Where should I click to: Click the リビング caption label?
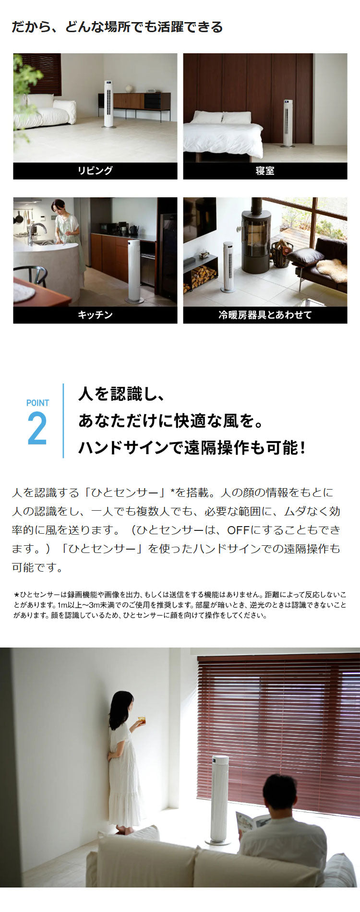click(95, 170)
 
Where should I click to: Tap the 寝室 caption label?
click(265, 170)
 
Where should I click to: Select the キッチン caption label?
click(95, 315)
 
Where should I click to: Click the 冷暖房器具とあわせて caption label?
click(265, 315)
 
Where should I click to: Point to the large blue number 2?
click(37, 428)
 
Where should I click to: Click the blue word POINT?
click(37, 403)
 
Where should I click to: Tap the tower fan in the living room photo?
click(108, 104)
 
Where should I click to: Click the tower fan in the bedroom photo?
click(288, 123)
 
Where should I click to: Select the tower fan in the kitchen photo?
click(134, 271)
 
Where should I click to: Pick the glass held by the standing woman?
click(141, 720)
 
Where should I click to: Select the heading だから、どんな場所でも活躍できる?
click(117, 27)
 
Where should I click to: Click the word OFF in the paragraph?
click(238, 530)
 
